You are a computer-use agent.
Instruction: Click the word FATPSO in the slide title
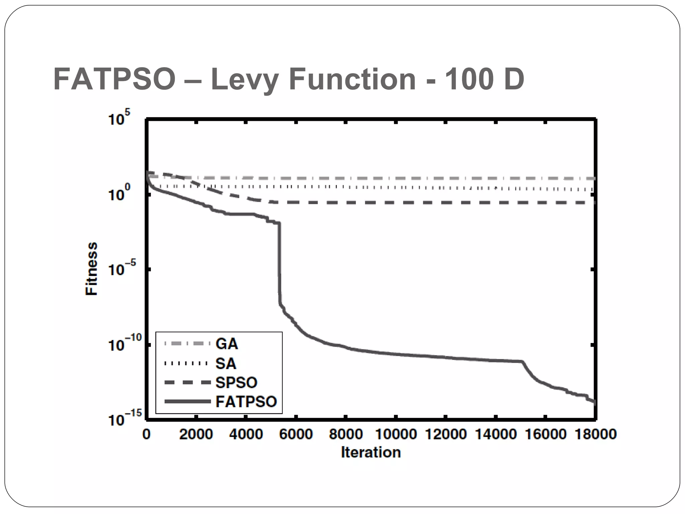click(114, 80)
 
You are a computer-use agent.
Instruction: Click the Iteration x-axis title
click(371, 452)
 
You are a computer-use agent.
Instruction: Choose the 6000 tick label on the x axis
click(296, 434)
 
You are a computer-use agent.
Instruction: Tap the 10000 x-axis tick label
click(396, 434)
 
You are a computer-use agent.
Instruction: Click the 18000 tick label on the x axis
click(595, 434)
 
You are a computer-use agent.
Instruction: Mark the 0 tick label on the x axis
click(146, 434)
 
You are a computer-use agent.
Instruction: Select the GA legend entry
click(226, 344)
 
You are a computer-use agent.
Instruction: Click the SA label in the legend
click(226, 363)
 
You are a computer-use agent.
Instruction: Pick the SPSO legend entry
click(236, 382)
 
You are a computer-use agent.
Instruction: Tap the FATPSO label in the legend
click(246, 402)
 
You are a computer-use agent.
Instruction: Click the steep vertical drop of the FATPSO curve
click(279, 264)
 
